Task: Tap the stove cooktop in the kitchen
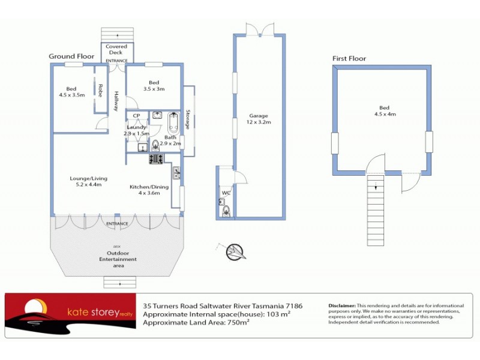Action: (157, 159)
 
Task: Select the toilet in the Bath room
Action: (155, 144)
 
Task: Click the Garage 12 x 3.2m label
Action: (259, 119)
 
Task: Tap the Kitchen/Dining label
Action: (149, 190)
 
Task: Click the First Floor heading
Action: (349, 59)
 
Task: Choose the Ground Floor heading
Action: (72, 56)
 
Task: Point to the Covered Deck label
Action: (117, 50)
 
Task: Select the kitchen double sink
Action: (176, 173)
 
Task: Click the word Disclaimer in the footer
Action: (343, 305)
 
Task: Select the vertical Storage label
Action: (188, 120)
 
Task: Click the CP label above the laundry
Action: (137, 115)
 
